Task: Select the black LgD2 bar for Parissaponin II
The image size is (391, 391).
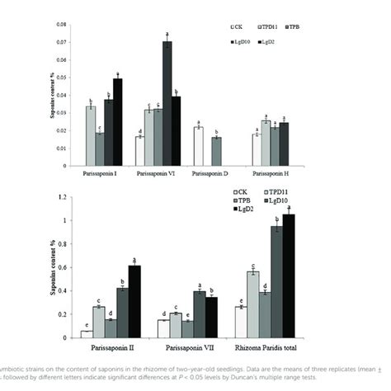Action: (134, 302)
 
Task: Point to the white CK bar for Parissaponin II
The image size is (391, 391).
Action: (87, 334)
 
